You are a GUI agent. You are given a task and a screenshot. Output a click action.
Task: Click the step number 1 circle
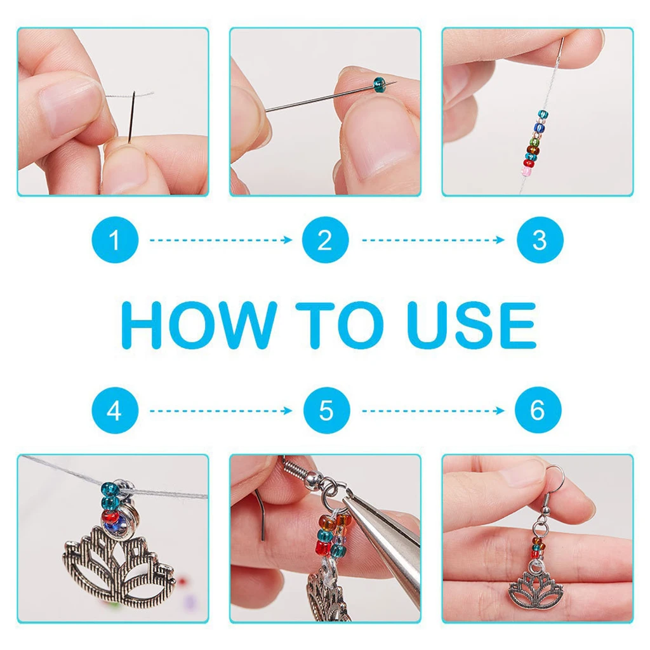115,239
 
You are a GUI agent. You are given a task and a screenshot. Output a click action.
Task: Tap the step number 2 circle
326,239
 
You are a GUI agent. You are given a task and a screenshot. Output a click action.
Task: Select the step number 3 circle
540,239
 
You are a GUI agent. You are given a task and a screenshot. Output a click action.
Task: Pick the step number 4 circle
115,411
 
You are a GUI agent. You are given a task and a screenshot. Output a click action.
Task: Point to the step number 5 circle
327,411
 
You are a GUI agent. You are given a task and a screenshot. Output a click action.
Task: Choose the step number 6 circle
538,410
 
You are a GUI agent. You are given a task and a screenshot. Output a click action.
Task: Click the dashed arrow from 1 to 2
221,240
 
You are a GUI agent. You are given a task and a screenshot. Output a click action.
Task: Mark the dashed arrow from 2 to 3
433,240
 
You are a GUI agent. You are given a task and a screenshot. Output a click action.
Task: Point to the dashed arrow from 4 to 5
221,411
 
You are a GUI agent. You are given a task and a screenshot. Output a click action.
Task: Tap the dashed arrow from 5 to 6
433,411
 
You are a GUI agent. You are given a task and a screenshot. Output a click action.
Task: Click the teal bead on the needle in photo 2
380,84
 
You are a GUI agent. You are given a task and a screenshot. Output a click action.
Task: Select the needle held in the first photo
132,117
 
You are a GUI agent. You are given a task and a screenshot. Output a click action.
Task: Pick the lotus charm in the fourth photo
120,560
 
